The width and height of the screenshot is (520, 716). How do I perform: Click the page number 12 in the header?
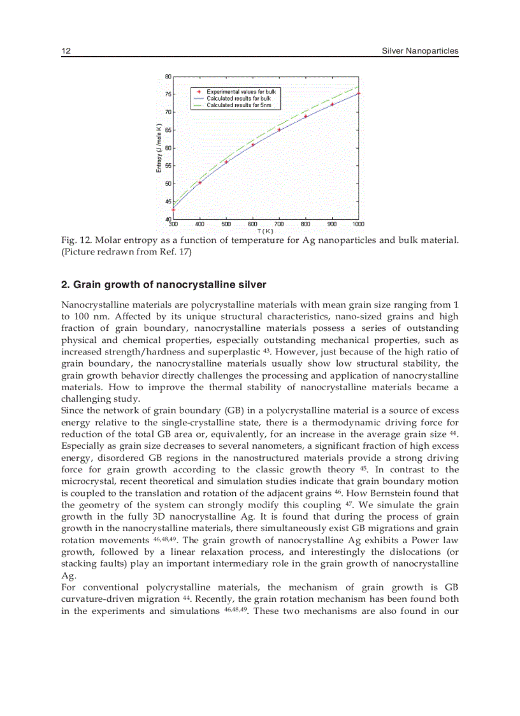pyautogui.click(x=65, y=51)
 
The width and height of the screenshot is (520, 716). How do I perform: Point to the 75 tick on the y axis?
pyautogui.click(x=168, y=94)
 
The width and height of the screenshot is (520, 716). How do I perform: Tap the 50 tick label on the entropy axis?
pyautogui.click(x=168, y=184)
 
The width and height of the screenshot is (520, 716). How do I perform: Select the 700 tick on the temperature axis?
pyautogui.click(x=279, y=224)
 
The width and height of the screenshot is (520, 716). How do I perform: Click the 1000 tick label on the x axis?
pyautogui.click(x=359, y=224)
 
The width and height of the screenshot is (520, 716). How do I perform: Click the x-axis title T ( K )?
pyautogui.click(x=265, y=231)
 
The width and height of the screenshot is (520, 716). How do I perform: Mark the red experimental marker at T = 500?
pyautogui.click(x=226, y=162)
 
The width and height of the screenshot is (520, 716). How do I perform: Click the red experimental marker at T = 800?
pyautogui.click(x=306, y=117)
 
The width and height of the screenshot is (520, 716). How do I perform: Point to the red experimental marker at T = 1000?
pyautogui.click(x=359, y=94)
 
